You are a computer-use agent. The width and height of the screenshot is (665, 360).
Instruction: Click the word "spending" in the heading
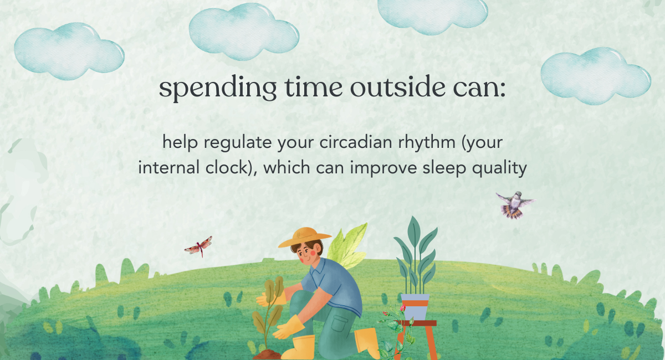pos(218,89)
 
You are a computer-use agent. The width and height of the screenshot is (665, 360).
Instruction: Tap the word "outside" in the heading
pos(398,86)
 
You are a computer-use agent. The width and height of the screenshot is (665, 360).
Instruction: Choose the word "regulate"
pos(238,143)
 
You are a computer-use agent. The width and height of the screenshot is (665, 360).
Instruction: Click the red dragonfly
pos(198,246)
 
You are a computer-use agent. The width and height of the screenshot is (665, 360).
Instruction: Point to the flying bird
pos(515,205)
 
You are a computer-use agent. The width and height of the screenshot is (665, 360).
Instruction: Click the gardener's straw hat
pos(304,237)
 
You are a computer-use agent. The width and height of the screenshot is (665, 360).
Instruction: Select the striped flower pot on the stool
pos(415,307)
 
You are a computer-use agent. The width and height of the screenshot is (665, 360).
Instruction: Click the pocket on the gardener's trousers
pos(339,323)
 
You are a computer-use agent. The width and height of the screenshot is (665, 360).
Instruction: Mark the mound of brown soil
pos(267,354)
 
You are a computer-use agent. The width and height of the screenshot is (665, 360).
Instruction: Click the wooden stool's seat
pos(418,323)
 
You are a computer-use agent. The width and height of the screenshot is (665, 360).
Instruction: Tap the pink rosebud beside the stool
pos(402,308)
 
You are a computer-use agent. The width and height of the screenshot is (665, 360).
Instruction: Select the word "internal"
pos(168,167)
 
